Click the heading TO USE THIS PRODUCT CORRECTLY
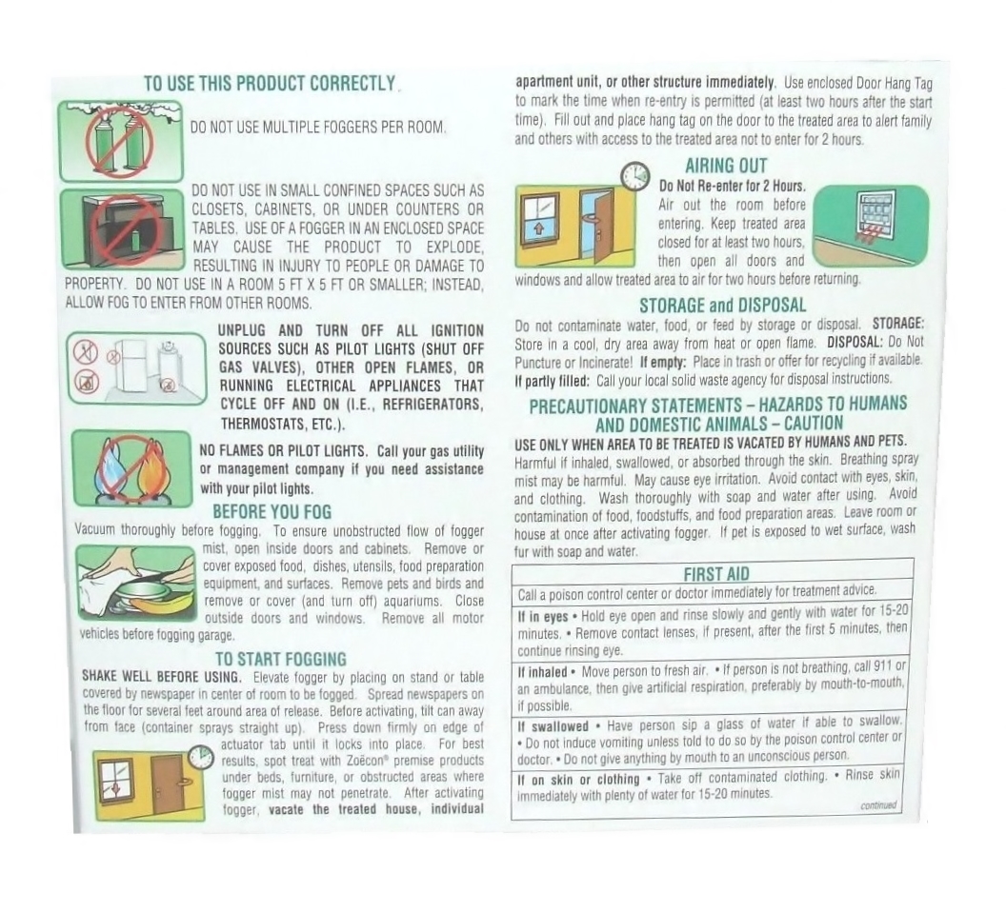(x=271, y=84)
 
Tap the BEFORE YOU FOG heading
(x=272, y=512)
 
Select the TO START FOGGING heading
(x=280, y=660)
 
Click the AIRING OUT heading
(x=726, y=166)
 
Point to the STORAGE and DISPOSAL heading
(x=722, y=306)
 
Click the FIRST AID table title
(x=716, y=574)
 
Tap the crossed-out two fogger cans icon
(x=121, y=141)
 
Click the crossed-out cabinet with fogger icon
(x=123, y=229)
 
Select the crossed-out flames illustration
(x=131, y=468)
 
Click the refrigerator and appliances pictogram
(x=136, y=368)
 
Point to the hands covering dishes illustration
(x=136, y=583)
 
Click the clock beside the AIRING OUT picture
(x=634, y=174)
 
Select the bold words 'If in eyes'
(x=543, y=616)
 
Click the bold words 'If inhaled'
(x=543, y=672)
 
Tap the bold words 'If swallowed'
(x=553, y=726)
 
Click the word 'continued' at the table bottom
(x=878, y=805)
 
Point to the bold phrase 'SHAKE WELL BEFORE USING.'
(x=162, y=677)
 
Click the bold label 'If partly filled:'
(x=552, y=381)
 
